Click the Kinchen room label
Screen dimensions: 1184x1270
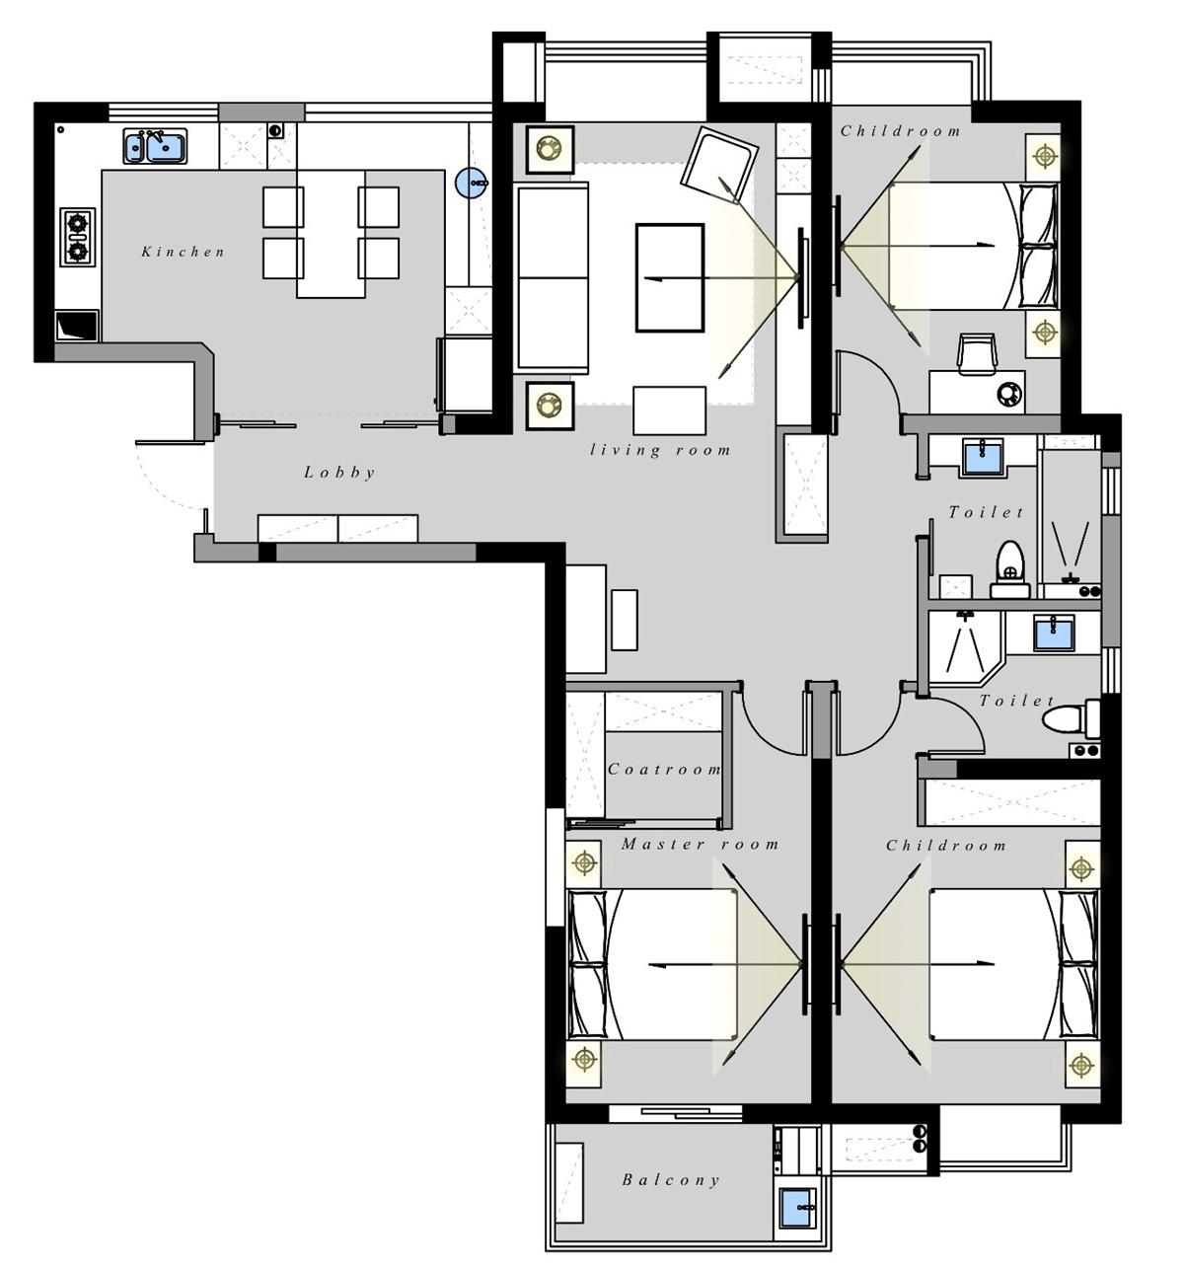point(183,252)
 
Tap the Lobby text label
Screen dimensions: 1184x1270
point(339,473)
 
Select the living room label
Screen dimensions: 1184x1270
point(660,450)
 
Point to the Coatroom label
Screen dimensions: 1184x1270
point(664,769)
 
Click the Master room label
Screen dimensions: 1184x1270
point(700,844)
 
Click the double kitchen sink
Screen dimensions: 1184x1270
point(155,146)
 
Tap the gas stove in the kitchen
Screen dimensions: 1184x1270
point(78,237)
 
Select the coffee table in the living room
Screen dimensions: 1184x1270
point(670,277)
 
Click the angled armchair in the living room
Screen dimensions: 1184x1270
point(719,165)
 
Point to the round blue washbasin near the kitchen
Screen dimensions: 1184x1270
point(472,183)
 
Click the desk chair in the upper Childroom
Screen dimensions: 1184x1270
point(978,353)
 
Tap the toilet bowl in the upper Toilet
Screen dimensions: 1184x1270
point(1010,569)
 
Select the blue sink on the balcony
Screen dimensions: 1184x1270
point(797,1207)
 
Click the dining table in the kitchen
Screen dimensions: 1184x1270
point(331,234)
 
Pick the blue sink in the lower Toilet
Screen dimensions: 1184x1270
point(1054,633)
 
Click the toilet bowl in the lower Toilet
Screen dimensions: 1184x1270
point(1071,718)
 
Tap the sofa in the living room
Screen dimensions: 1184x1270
point(552,277)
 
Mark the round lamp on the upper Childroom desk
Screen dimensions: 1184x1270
point(1010,394)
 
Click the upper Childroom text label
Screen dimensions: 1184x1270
point(900,131)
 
